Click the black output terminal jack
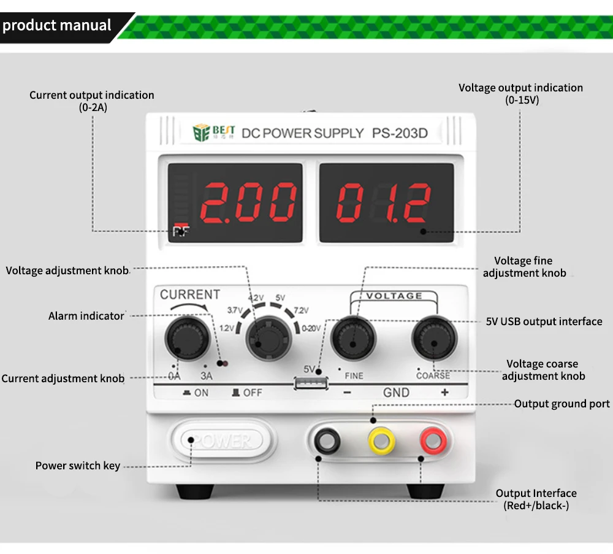point(326,440)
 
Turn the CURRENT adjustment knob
point(186,337)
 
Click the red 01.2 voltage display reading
point(384,202)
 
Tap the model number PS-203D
point(400,133)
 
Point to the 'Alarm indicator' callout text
point(86,316)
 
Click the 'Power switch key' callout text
point(78,466)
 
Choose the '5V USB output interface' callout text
point(544,321)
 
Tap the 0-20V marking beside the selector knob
point(311,329)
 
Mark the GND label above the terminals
point(396,393)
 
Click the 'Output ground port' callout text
point(562,404)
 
